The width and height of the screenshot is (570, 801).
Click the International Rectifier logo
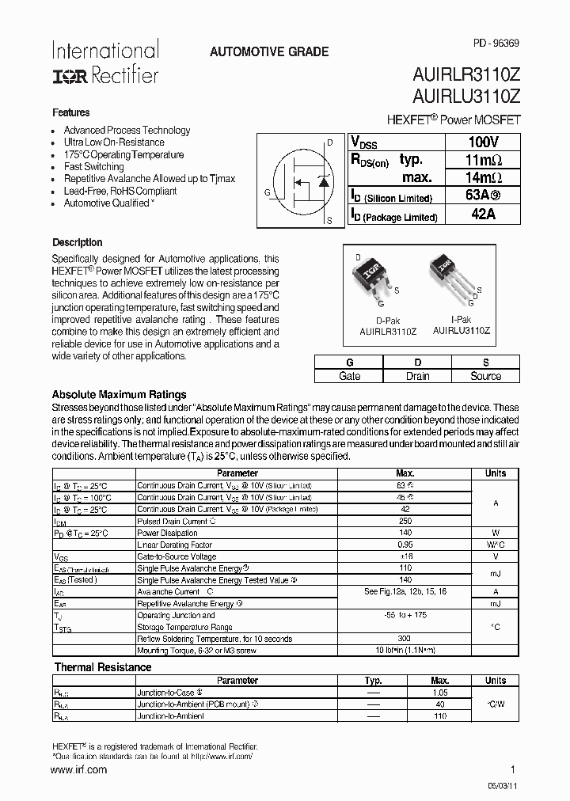point(104,62)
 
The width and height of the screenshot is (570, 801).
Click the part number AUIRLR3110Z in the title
point(466,76)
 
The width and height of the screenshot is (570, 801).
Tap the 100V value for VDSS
point(483,142)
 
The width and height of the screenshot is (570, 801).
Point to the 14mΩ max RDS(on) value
point(483,177)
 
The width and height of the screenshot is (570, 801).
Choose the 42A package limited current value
point(483,214)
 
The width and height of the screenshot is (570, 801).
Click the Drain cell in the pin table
point(417,376)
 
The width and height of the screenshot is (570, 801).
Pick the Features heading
point(71,112)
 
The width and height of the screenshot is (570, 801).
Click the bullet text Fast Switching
point(93,167)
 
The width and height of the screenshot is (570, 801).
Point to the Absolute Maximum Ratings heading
point(119,394)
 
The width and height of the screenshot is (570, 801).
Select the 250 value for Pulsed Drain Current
point(405,522)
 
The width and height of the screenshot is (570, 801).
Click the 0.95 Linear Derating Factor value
point(405,545)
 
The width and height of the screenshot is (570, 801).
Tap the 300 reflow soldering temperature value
point(405,639)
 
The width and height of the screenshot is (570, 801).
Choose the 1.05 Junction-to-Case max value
point(440,692)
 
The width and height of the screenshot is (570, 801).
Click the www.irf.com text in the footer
point(79,769)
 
